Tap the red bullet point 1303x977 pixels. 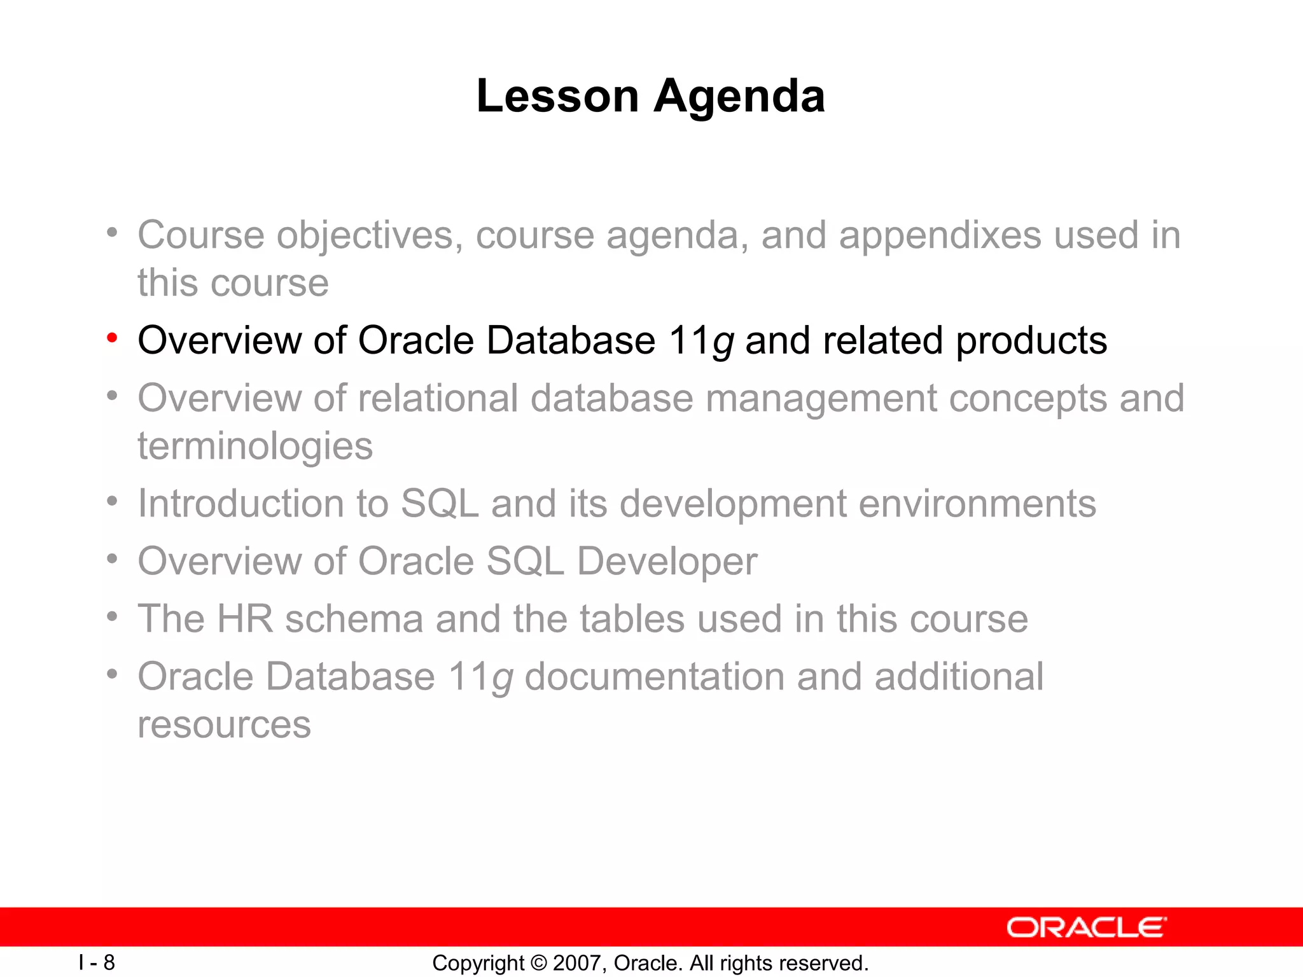[112, 338]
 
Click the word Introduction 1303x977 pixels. [240, 504]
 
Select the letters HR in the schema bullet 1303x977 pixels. [244, 619]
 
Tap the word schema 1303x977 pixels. [354, 619]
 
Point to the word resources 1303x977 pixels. [224, 725]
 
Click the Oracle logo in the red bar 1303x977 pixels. [1086, 927]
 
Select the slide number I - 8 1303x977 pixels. [97, 962]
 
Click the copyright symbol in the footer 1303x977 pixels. [539, 963]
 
